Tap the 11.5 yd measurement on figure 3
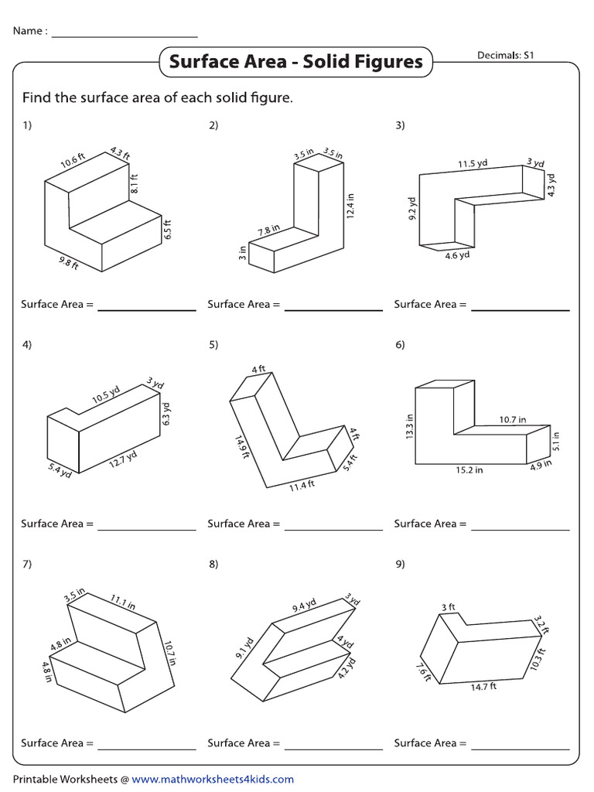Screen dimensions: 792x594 point(473,164)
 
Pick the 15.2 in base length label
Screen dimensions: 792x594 point(469,470)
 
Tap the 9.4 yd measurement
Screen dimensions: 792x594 point(303,606)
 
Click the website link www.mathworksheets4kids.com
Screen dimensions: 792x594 point(213,780)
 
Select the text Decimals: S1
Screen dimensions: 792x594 point(507,55)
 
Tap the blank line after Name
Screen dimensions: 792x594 point(124,36)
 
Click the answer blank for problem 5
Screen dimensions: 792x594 point(333,529)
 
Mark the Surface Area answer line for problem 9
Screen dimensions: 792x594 point(521,748)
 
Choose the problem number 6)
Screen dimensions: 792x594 point(400,345)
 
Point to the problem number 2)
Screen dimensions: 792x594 point(213,126)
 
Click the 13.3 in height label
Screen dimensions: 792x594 point(410,427)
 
